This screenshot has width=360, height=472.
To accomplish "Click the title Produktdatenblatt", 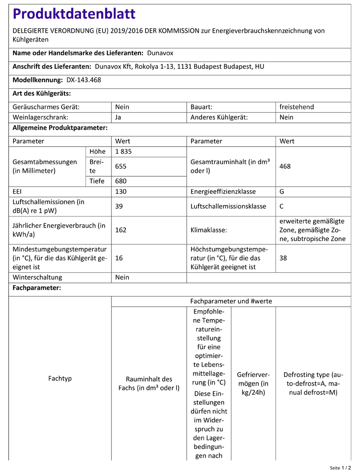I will click(x=74, y=14).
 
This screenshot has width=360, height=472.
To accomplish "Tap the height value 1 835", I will click(x=123, y=152).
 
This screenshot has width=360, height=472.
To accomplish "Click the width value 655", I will click(x=121, y=166).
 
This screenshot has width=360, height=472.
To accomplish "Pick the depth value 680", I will click(x=121, y=181).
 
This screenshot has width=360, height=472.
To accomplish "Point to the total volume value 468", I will click(x=285, y=166).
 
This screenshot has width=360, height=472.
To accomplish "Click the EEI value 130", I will click(x=121, y=192).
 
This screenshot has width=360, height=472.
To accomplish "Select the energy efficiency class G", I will click(x=282, y=192).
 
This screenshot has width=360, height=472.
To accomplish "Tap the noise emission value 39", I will click(x=120, y=206).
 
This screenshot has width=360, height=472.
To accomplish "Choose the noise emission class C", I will click(x=282, y=206).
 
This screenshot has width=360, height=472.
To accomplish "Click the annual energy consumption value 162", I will click(x=121, y=230).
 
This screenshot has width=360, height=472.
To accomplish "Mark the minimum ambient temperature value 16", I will click(x=119, y=258).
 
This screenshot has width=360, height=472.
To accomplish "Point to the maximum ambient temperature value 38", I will click(x=284, y=258).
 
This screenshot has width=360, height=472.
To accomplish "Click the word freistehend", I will click(x=297, y=107).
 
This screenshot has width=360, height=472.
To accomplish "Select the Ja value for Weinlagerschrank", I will click(x=119, y=117).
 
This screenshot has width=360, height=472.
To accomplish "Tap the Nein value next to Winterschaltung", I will click(x=122, y=278).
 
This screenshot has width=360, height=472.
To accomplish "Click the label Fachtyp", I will click(x=60, y=378).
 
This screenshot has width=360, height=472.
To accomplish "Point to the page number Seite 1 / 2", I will click(x=340, y=467).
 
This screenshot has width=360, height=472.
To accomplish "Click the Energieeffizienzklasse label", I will click(x=223, y=192).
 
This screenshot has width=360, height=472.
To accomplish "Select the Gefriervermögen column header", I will click(x=253, y=383).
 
